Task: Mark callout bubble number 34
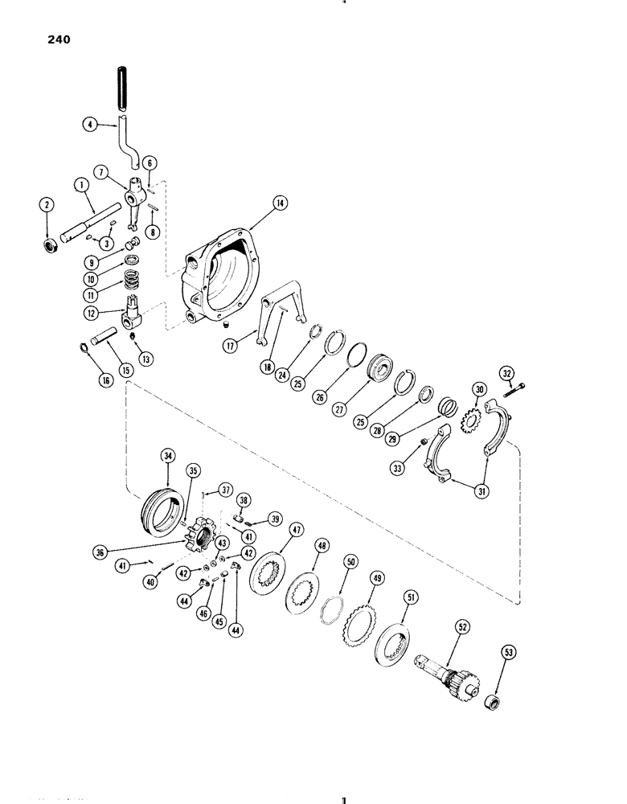tap(169, 457)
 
